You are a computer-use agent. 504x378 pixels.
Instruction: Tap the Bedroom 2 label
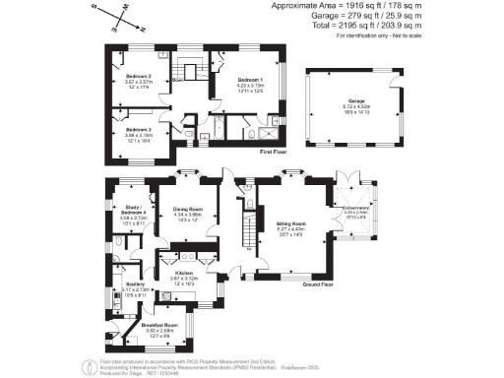click(x=138, y=76)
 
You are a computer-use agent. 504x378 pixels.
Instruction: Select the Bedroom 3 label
click(x=138, y=129)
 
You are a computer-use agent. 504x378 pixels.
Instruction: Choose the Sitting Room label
click(x=291, y=225)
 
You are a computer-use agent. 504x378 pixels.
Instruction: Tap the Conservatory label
click(x=354, y=207)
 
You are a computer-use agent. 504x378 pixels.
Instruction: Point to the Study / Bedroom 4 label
click(x=131, y=211)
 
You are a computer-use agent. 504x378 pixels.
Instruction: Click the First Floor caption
click(x=273, y=154)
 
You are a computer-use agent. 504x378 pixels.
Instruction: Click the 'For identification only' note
click(x=392, y=36)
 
